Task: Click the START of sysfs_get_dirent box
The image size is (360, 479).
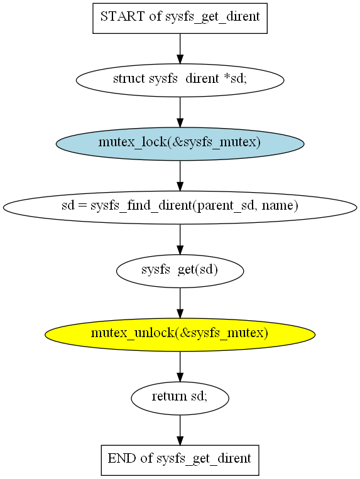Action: click(x=180, y=18)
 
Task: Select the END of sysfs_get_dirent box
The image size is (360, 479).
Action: click(x=180, y=460)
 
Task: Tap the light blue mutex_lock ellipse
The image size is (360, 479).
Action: click(x=180, y=144)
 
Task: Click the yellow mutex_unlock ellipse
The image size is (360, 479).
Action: click(x=180, y=335)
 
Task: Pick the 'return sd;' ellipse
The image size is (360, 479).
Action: click(x=180, y=398)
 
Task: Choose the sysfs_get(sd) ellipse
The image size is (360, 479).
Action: click(x=180, y=271)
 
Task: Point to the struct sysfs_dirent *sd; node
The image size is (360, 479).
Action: click(x=180, y=80)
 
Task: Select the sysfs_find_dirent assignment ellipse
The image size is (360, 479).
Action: click(x=180, y=207)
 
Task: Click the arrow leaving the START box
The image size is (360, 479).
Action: click(x=180, y=49)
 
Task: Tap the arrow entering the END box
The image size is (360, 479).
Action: click(x=180, y=430)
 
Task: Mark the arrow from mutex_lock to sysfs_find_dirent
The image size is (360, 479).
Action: click(x=180, y=176)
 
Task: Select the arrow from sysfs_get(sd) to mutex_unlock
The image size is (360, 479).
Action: click(x=180, y=303)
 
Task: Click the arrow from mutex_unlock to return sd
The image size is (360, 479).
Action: click(x=180, y=367)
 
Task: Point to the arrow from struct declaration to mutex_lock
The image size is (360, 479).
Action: click(x=180, y=112)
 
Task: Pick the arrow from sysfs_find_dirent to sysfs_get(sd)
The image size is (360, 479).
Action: click(x=180, y=239)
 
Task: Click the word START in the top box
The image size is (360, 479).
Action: click(x=123, y=16)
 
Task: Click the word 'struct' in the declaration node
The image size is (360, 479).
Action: click(x=129, y=78)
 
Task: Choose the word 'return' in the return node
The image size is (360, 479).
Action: click(x=170, y=396)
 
